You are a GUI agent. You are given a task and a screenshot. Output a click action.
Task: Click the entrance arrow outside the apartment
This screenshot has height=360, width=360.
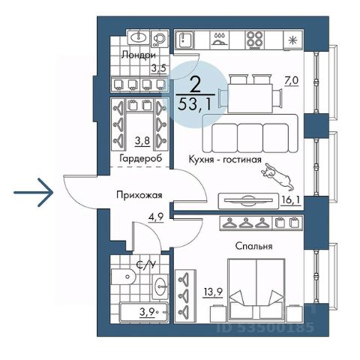(x=34, y=192)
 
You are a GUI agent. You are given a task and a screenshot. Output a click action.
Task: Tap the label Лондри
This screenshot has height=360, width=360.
(x=139, y=55)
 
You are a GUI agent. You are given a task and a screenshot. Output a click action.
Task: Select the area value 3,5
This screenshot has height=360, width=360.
(x=158, y=68)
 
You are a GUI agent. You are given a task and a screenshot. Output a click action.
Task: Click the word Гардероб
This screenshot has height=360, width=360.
(x=141, y=158)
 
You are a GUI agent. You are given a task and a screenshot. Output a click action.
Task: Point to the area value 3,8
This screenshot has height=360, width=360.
(x=142, y=141)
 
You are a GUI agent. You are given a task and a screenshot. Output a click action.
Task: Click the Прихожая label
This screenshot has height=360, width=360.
(x=139, y=195)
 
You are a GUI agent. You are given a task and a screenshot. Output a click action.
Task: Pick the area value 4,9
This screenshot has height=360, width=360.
(x=156, y=217)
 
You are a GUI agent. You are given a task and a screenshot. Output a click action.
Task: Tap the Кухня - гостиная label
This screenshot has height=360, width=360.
(x=225, y=159)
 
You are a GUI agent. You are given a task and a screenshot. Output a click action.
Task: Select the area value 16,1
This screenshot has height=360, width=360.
(x=290, y=200)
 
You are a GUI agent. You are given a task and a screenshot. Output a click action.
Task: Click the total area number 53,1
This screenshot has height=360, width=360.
(x=194, y=104)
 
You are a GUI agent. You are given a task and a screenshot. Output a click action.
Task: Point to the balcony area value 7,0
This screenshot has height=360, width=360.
(x=291, y=81)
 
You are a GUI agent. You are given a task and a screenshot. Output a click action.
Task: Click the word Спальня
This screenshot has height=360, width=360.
(x=253, y=246)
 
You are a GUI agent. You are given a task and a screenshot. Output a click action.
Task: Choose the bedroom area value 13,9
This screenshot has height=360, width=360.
(x=212, y=292)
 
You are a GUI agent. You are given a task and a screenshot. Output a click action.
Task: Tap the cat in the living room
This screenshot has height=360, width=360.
(x=277, y=177)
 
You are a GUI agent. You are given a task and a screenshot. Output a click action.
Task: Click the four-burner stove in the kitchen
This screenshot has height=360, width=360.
(x=254, y=40)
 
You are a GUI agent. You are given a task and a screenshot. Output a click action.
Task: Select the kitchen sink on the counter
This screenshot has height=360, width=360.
(x=184, y=40)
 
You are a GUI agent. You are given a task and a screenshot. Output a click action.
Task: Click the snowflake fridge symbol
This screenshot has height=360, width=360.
(x=292, y=40)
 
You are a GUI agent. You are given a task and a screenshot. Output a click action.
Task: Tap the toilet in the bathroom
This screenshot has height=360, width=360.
(x=124, y=277)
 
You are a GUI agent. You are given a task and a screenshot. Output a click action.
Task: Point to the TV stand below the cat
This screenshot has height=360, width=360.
(x=248, y=201)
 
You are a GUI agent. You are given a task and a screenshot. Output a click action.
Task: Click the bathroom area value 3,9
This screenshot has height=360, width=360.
(x=147, y=312)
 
